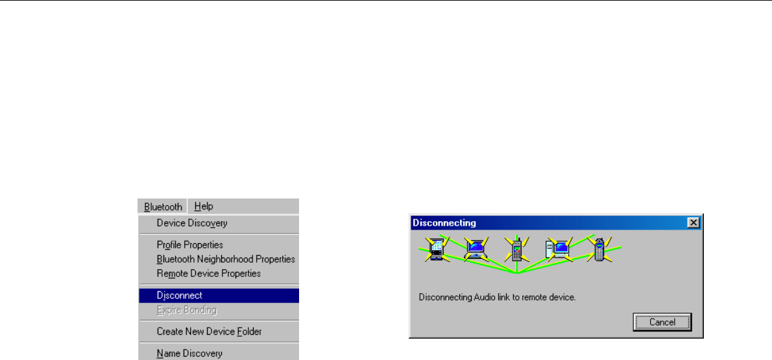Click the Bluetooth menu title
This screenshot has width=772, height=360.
(163, 206)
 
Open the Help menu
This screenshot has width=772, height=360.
(204, 206)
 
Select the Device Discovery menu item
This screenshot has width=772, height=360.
(192, 223)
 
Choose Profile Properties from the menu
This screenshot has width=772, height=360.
(190, 245)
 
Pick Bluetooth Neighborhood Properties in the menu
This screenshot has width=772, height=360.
(226, 259)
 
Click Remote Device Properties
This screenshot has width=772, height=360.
(209, 273)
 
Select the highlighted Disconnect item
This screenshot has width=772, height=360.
(180, 295)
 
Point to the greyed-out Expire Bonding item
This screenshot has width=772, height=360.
(187, 310)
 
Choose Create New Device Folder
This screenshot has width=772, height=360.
(209, 331)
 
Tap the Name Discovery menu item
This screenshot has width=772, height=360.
(189, 354)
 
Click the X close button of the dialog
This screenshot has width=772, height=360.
(694, 222)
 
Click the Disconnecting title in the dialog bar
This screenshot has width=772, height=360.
(444, 222)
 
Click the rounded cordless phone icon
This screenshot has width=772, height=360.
(599, 248)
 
